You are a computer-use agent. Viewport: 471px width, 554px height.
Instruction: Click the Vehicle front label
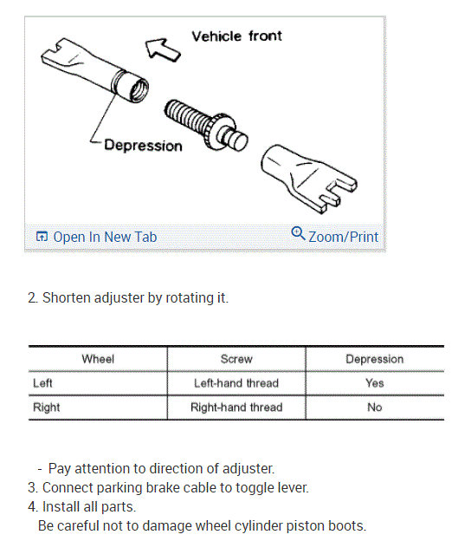pyautogui.click(x=235, y=36)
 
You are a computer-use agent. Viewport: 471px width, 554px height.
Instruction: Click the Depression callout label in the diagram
pyautogui.click(x=143, y=145)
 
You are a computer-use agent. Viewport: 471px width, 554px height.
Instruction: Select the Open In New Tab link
pyautogui.click(x=105, y=237)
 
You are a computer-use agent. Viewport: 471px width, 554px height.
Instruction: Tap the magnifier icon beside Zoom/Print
pyautogui.click(x=298, y=234)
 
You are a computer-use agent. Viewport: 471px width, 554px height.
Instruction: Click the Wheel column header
pyautogui.click(x=98, y=359)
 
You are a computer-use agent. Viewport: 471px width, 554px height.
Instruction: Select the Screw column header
pyautogui.click(x=236, y=359)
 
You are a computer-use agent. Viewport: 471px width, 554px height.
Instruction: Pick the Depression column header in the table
pyautogui.click(x=374, y=359)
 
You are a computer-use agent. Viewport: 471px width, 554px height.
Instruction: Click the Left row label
pyautogui.click(x=42, y=382)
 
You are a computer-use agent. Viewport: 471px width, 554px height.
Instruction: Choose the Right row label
pyautogui.click(x=46, y=407)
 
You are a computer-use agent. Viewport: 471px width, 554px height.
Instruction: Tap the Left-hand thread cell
pyautogui.click(x=236, y=382)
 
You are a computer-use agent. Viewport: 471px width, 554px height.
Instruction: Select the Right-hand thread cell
pyautogui.click(x=236, y=407)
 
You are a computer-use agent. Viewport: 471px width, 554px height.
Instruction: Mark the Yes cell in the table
pyautogui.click(x=374, y=382)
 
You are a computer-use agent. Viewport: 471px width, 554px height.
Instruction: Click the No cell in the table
pyautogui.click(x=374, y=407)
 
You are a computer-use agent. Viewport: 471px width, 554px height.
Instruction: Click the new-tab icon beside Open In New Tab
pyautogui.click(x=41, y=237)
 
